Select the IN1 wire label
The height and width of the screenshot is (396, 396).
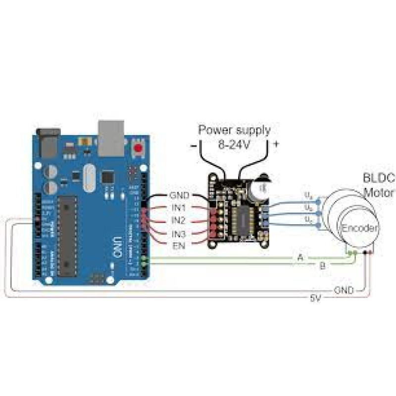[179, 207]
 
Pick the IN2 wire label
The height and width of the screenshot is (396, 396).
[179, 220]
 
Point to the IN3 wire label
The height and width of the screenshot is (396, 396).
[179, 233]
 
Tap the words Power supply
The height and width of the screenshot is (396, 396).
[235, 130]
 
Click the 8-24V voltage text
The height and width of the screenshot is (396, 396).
[235, 146]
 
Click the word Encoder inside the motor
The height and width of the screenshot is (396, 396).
[360, 228]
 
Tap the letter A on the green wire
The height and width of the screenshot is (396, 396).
[300, 257]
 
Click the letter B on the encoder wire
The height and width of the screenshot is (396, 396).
[322, 266]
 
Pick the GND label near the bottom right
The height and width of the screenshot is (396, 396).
[344, 291]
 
